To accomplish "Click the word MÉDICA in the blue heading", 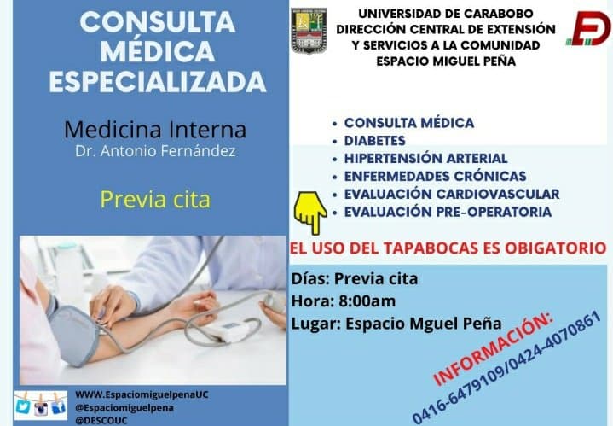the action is pyautogui.click(x=158, y=51).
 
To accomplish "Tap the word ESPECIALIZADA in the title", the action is pyautogui.click(x=158, y=81).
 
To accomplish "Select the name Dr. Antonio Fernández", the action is pyautogui.click(x=156, y=151).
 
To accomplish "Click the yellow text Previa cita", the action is pyautogui.click(x=156, y=199).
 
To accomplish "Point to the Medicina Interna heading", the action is pyautogui.click(x=155, y=130).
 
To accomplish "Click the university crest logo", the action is pyautogui.click(x=309, y=31).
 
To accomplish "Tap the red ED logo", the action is pyautogui.click(x=589, y=28).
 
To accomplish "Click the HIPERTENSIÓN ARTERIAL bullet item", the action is pyautogui.click(x=425, y=158).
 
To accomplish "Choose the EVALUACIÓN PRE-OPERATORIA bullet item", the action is pyautogui.click(x=448, y=212).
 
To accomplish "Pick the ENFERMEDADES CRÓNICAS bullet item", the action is pyautogui.click(x=435, y=176).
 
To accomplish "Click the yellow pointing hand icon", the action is pyautogui.click(x=310, y=212).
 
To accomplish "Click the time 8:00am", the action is pyautogui.click(x=367, y=301).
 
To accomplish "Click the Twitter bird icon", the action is pyautogui.click(x=24, y=407).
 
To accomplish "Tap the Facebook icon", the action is pyautogui.click(x=59, y=407).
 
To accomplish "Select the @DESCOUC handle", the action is pyautogui.click(x=101, y=421).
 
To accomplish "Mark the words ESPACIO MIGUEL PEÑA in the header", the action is pyautogui.click(x=446, y=61).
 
